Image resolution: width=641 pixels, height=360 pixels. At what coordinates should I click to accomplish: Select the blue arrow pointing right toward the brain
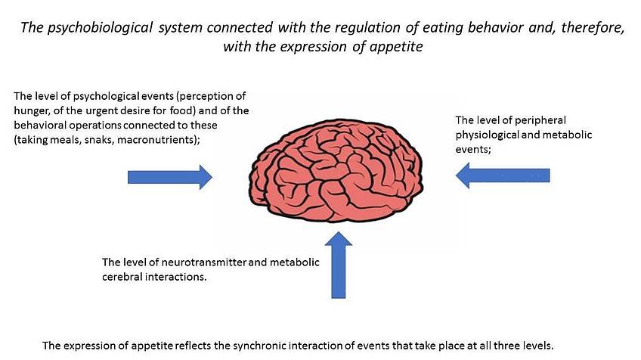click(169, 177)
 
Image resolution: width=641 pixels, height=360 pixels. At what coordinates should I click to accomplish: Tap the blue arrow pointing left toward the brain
click(502, 176)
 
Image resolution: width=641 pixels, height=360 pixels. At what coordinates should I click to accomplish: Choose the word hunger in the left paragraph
click(32, 111)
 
